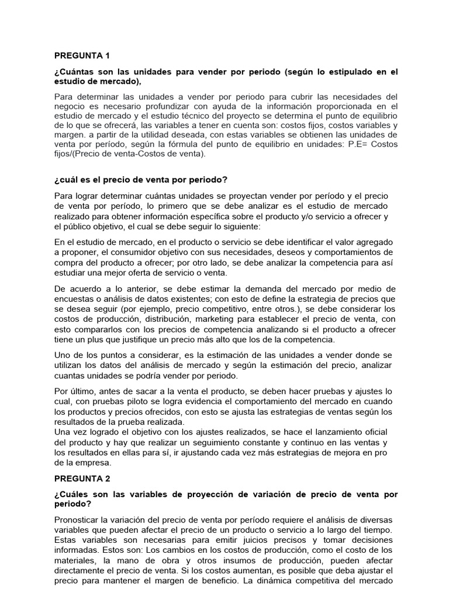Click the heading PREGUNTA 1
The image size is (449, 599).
82,56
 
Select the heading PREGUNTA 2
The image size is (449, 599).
82,478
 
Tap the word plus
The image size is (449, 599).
98,339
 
